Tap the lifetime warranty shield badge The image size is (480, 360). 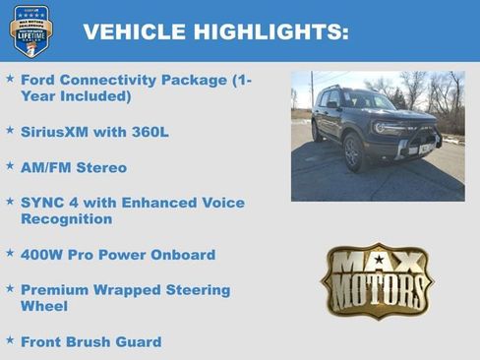click(31, 30)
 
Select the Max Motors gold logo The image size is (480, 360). click(378, 280)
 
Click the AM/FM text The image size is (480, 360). click(49, 167)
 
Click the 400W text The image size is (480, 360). click(43, 255)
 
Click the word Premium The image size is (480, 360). click(57, 290)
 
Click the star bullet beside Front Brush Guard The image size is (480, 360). click(10, 340)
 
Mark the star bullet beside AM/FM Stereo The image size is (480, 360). click(10, 166)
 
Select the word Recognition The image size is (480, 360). click(66, 219)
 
